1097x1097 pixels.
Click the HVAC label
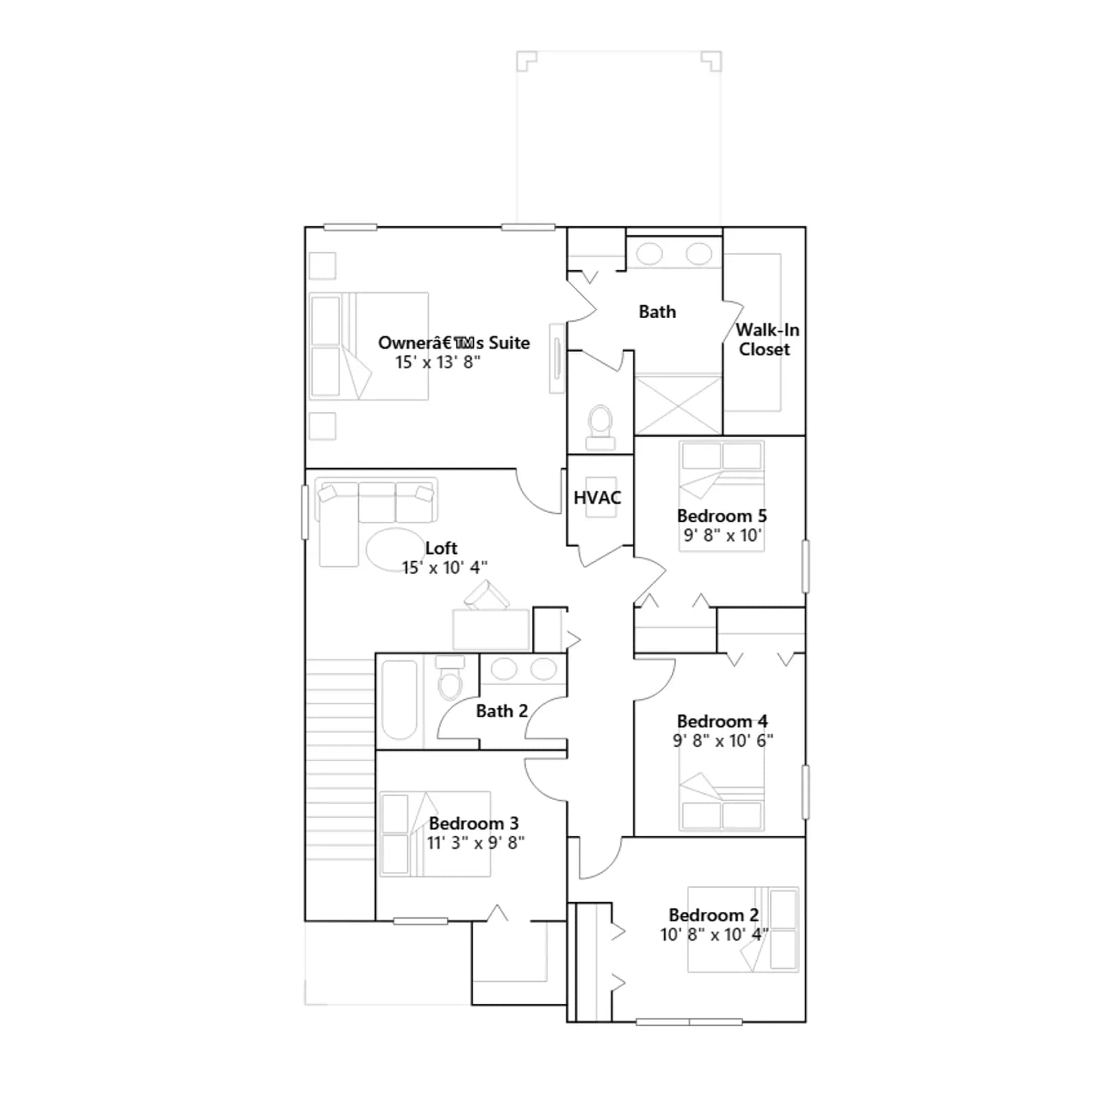(x=597, y=498)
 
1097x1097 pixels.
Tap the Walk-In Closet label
(x=767, y=339)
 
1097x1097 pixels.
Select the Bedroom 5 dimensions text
(x=723, y=535)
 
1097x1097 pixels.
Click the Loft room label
(x=441, y=548)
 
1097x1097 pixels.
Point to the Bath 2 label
(x=502, y=711)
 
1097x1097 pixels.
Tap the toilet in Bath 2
(x=450, y=677)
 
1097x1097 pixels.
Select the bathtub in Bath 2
(x=399, y=700)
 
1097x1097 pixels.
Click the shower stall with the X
(x=678, y=405)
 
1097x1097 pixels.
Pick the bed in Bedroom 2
(x=743, y=929)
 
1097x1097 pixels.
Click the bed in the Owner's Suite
(x=369, y=346)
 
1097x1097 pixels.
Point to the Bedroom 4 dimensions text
(x=723, y=740)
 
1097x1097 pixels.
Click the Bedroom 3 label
(x=474, y=823)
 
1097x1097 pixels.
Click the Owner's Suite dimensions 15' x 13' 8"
(x=437, y=362)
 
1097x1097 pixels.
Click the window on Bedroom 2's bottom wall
(x=689, y=1022)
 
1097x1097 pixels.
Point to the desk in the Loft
(x=491, y=629)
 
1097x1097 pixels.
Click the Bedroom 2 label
(x=714, y=915)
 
